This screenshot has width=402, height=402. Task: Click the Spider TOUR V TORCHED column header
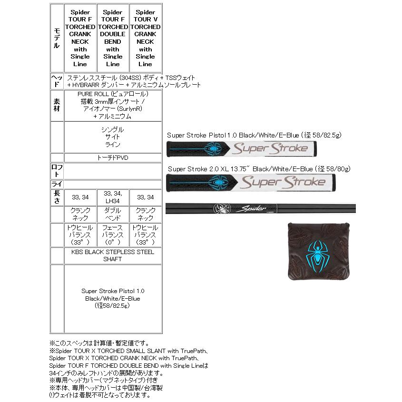tap(146, 38)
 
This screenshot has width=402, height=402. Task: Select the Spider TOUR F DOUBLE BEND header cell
tap(113, 38)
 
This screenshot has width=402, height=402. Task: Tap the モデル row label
tap(57, 38)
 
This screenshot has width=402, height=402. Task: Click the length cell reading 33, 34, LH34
tap(113, 197)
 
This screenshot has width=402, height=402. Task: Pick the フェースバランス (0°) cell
tap(113, 235)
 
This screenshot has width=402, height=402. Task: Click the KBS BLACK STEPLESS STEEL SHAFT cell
tap(113, 255)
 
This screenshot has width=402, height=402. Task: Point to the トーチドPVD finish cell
tap(113, 157)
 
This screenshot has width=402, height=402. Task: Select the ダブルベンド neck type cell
tap(113, 215)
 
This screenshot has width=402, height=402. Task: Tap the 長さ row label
tap(57, 197)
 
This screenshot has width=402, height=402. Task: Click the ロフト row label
tap(57, 171)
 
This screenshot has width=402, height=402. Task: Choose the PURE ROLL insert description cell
tap(113, 105)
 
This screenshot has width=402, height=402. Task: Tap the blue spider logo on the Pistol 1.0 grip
tap(214, 149)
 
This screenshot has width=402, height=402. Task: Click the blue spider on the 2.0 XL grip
tap(217, 182)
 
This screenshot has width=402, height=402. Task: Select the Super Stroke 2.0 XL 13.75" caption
tap(259, 169)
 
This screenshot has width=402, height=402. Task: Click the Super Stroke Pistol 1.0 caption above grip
tap(254, 135)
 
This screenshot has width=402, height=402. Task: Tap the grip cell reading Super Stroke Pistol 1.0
tap(113, 298)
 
